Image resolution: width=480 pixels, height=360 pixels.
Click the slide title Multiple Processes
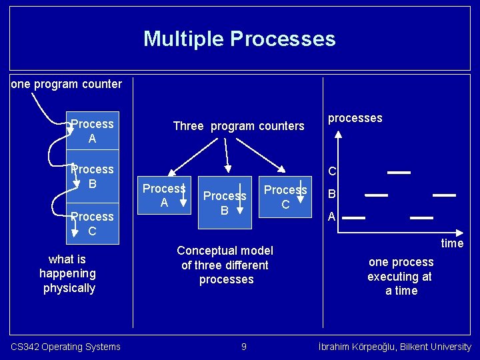239,39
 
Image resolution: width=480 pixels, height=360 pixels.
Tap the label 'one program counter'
67,84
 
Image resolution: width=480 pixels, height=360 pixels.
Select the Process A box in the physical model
93,131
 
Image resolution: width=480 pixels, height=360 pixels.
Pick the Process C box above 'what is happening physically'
93,223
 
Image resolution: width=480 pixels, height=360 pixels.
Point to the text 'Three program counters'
238,126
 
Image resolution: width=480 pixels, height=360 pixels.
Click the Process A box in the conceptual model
164,195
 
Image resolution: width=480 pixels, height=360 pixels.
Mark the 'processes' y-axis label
355,118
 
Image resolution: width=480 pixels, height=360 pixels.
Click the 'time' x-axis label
452,243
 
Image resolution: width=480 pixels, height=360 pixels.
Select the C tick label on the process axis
331,172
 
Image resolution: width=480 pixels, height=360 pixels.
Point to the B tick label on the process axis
331,195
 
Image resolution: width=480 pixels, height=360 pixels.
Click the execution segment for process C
399,172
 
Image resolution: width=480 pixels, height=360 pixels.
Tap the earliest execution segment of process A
354,218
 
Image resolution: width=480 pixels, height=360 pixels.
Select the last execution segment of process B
444,195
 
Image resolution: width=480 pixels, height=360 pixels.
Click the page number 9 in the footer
243,347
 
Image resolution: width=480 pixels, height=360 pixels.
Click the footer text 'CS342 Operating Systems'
65,347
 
